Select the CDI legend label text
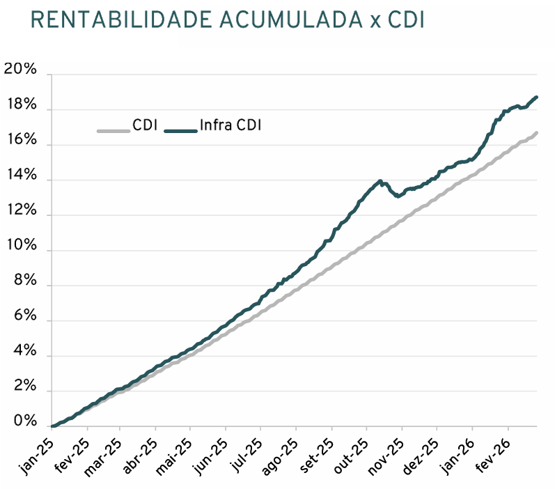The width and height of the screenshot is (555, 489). [x=145, y=126]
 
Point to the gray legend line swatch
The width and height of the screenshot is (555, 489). [x=113, y=130]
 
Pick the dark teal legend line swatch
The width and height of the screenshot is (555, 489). [x=180, y=130]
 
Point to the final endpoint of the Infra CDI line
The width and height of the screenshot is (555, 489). [x=536, y=97]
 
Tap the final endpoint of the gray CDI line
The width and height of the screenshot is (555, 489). [x=536, y=132]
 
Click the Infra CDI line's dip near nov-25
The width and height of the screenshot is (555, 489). [x=397, y=196]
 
